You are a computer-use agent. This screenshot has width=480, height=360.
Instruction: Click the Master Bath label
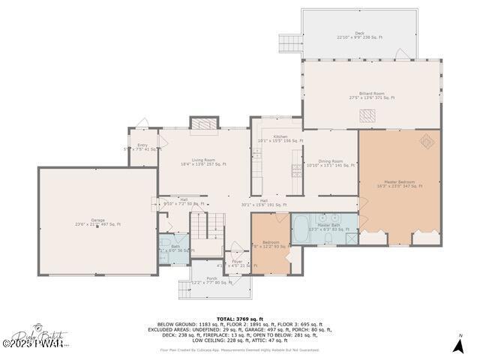tap(328, 226)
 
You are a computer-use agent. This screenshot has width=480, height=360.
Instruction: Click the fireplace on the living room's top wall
tap(202, 123)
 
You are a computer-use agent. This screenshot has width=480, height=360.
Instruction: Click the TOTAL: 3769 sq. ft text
tap(240, 319)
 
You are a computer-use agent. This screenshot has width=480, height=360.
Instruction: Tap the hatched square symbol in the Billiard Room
tap(367, 115)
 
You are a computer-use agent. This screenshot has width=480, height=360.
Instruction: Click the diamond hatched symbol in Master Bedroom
tap(426, 140)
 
